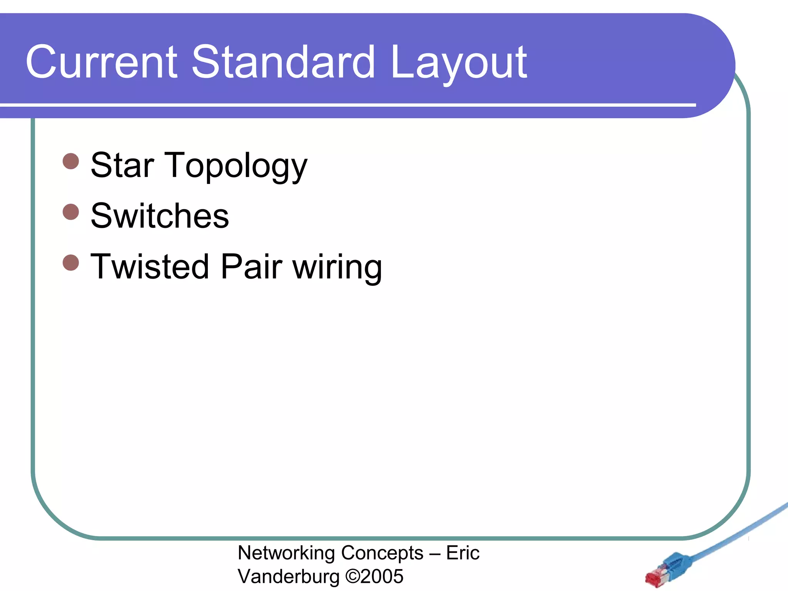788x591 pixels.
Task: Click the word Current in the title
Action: [101, 62]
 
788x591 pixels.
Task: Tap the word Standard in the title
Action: [283, 62]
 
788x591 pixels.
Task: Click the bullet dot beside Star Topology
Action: [71, 161]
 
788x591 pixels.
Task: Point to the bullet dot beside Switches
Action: [71, 212]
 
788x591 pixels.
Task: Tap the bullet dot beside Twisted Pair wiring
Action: [71, 262]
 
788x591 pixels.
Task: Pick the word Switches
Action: [160, 216]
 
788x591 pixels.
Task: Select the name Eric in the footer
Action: [462, 553]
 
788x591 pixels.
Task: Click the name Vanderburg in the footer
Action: [289, 577]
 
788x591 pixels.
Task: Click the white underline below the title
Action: [346, 105]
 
